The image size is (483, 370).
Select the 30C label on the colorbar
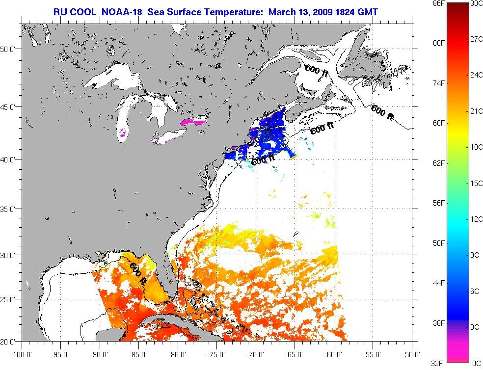pyautogui.click(x=475, y=3)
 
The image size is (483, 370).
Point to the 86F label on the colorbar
pyautogui.click(x=438, y=3)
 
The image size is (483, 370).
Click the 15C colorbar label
pyautogui.click(x=475, y=183)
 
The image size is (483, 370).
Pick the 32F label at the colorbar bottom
pyautogui.click(x=438, y=363)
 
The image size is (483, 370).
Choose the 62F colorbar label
pyautogui.click(x=438, y=163)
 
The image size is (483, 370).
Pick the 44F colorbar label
pyautogui.click(x=438, y=283)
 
